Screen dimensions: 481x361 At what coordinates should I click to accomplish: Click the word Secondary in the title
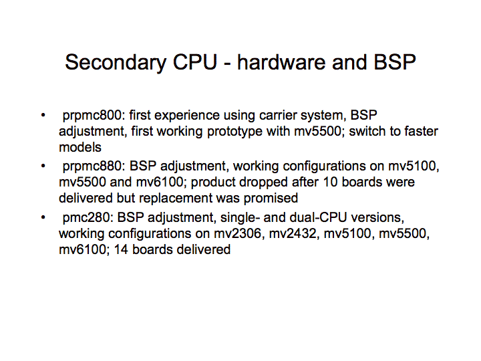click(116, 63)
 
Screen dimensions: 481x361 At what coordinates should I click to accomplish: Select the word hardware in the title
click(281, 62)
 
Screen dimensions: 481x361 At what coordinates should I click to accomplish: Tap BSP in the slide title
click(395, 62)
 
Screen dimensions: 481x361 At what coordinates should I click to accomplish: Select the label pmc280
click(86, 218)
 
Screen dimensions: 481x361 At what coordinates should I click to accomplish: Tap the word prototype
click(234, 132)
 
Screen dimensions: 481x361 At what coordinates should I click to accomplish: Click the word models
click(80, 147)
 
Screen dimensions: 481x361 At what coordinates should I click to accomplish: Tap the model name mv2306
click(237, 234)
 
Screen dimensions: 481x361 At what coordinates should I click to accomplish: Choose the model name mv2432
click(293, 234)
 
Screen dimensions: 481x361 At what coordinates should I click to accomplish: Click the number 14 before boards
click(121, 249)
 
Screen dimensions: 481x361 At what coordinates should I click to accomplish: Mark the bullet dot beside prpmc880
click(43, 166)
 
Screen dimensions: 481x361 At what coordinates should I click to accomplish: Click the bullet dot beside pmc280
click(43, 218)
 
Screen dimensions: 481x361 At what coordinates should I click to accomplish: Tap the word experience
click(187, 116)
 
